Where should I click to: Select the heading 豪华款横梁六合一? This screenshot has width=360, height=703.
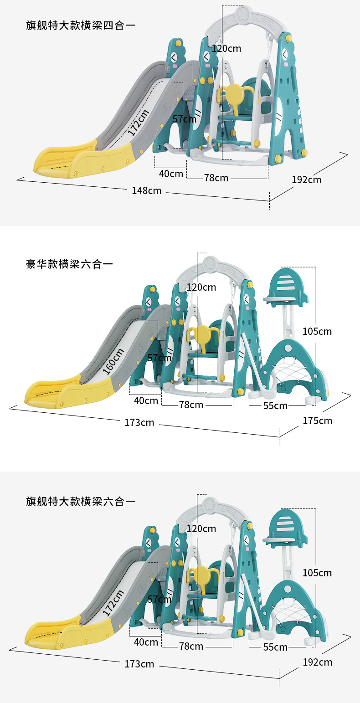(69, 264)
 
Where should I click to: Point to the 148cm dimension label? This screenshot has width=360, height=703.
(147, 190)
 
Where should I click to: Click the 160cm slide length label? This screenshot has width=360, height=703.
(113, 361)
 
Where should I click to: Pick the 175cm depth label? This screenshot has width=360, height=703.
(317, 421)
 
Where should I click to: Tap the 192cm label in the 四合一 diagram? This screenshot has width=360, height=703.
(306, 180)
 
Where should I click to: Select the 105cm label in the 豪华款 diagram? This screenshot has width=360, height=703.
(317, 331)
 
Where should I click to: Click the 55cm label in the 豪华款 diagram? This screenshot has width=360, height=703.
(275, 405)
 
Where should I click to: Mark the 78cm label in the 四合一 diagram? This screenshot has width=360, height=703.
(216, 178)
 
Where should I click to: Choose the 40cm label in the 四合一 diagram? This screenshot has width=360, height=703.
(171, 174)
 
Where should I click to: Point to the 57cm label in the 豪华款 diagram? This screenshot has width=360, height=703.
(159, 358)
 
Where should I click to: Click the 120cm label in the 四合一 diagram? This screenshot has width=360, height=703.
(226, 48)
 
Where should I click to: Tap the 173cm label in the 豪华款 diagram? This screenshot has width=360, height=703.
(139, 423)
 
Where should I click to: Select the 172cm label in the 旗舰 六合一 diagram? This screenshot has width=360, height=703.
(113, 603)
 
